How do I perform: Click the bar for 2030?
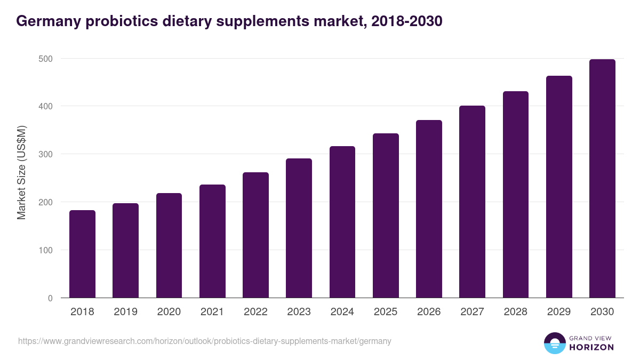pyautogui.click(x=602, y=179)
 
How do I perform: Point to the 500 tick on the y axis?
pyautogui.click(x=46, y=58)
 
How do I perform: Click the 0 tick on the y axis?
pyautogui.click(x=50, y=298)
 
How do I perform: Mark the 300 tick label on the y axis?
pyautogui.click(x=46, y=154)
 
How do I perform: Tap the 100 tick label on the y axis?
pyautogui.click(x=46, y=250)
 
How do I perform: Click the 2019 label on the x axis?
pyautogui.click(x=126, y=312)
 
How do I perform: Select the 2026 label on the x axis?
pyautogui.click(x=429, y=312)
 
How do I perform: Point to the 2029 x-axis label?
pyautogui.click(x=559, y=312)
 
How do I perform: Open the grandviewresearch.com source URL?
pyautogui.click(x=205, y=341)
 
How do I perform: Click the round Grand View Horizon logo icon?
pyautogui.click(x=555, y=343)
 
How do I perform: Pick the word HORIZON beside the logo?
pyautogui.click(x=591, y=347)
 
